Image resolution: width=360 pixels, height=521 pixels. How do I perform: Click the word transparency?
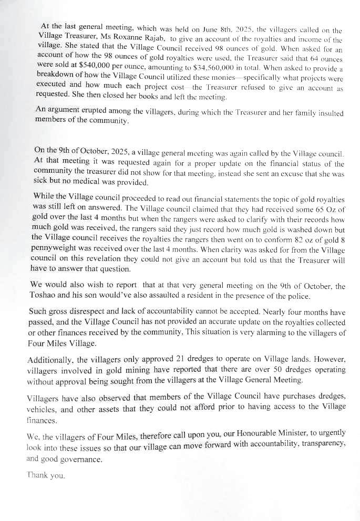(320, 443)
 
